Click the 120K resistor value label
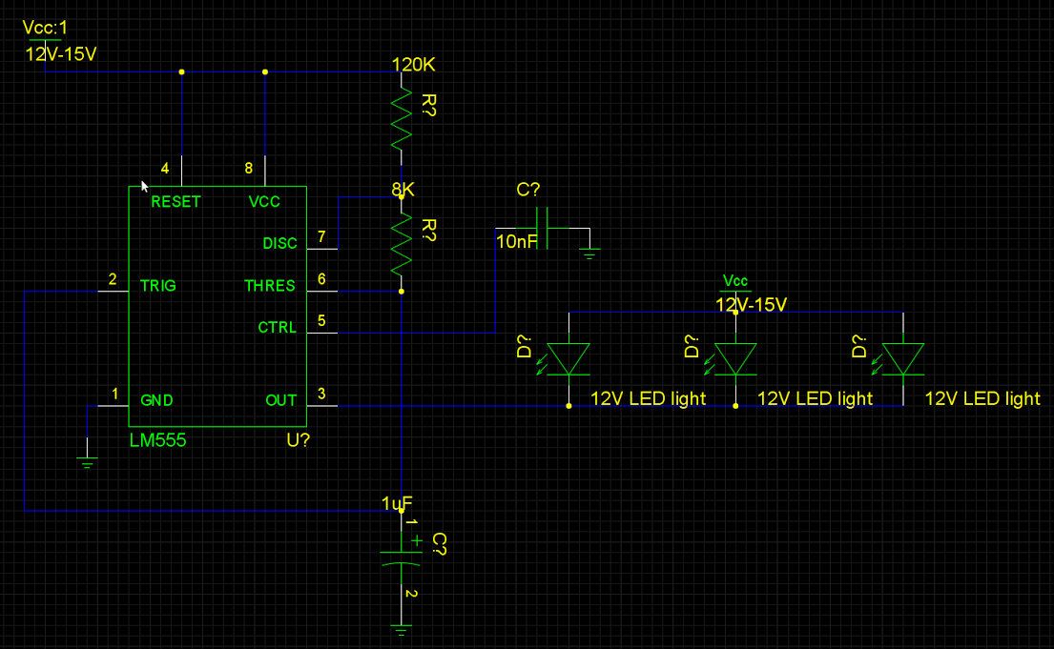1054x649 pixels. tap(413, 65)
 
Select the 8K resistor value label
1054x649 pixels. tap(403, 190)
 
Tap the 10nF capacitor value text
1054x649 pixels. tap(516, 241)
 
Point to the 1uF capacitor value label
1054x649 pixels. tap(397, 503)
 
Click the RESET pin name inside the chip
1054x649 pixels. tap(176, 201)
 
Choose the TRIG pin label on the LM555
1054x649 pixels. tap(158, 286)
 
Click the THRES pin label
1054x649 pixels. tap(270, 286)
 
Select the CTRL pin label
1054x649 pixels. tap(277, 327)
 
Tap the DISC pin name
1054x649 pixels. tap(279, 243)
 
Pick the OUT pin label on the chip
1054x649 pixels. tap(281, 400)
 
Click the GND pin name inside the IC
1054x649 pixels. tap(156, 400)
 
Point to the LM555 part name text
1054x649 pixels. tap(158, 440)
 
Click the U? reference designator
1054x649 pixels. tap(298, 440)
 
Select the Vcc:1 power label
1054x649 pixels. tap(45, 28)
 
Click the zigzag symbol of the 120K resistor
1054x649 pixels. tap(402, 119)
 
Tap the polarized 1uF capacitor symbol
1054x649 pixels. tap(402, 558)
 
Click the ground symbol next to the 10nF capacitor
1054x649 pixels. tap(589, 254)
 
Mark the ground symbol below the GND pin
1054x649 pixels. tap(87, 462)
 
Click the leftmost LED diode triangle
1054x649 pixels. tap(568, 358)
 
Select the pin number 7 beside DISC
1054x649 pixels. tap(321, 236)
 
